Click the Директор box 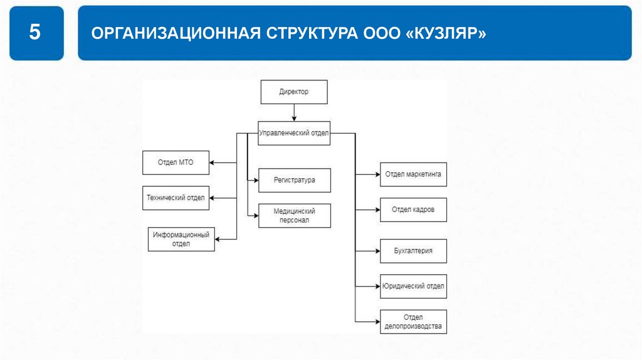coord(293,92)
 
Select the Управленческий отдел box coord(293,132)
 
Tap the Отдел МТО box coord(176,163)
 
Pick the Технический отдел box coord(176,198)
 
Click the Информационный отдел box coord(181,239)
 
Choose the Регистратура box coord(294,180)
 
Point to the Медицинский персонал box coord(294,216)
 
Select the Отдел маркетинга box coord(413,174)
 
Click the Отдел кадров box coord(413,209)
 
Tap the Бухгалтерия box coord(413,250)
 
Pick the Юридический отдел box coord(413,286)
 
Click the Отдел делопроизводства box coord(413,321)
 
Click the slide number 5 coord(36,33)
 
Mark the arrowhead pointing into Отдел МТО coord(212,163)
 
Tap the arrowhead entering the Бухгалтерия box coord(376,250)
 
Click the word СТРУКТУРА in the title coord(309,33)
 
